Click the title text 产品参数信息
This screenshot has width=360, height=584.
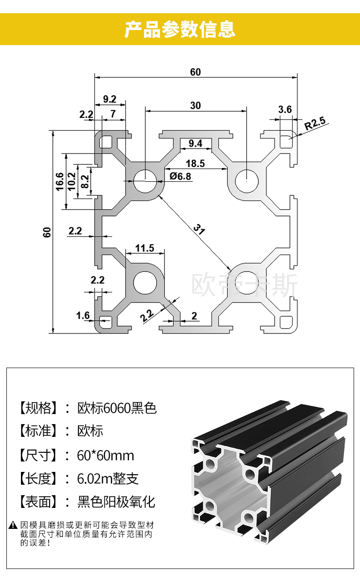pos(180,29)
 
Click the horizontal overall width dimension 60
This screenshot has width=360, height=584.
pos(195,72)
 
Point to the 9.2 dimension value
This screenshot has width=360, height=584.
pos(109,99)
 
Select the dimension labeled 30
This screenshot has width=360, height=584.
pos(195,106)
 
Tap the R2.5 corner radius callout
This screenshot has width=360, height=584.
pos(315,123)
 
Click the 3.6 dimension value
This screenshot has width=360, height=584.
pos(285,109)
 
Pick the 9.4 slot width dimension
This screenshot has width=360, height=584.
pos(195,144)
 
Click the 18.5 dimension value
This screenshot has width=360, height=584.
pos(195,163)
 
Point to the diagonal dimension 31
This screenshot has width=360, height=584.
pos(198,228)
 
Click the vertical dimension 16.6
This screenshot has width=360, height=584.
pos(59,181)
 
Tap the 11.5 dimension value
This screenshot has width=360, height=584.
pos(145,248)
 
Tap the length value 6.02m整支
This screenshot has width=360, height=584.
pos(108,479)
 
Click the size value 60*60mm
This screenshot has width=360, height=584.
pos(106,455)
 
